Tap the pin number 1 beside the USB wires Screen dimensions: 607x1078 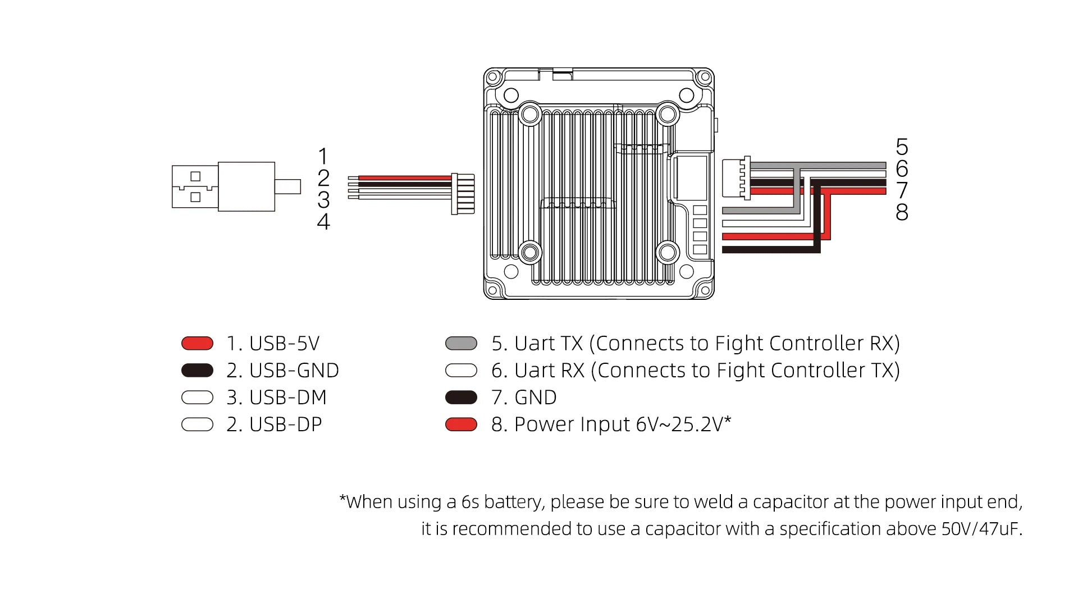323,156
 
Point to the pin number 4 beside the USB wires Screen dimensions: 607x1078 323,222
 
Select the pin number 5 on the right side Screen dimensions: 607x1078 902,147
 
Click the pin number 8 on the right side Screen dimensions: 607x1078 902,212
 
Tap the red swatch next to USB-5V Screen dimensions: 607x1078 197,343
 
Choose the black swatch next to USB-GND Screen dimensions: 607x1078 197,371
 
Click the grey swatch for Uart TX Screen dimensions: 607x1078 461,343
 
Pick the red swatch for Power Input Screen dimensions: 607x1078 461,425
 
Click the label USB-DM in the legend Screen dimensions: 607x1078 287,398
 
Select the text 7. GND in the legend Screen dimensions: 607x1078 524,398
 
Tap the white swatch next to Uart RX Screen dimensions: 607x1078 461,371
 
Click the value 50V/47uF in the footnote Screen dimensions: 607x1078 981,529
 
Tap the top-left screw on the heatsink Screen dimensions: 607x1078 529,115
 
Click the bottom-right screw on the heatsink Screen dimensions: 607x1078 668,252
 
